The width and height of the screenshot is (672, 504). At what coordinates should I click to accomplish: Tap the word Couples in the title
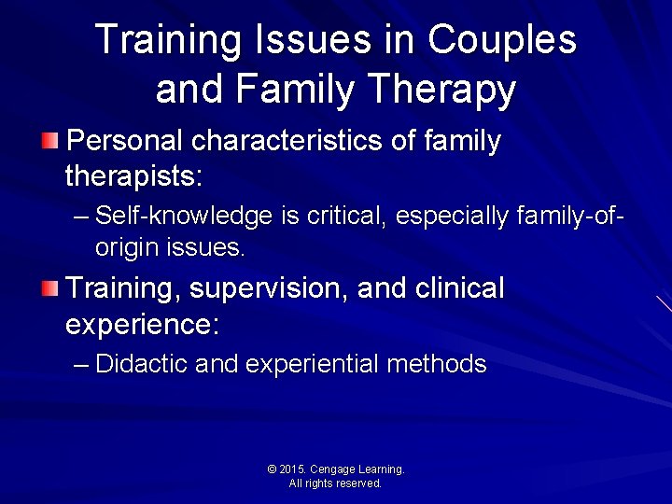(x=502, y=40)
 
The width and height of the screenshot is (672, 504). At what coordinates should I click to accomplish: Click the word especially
(x=452, y=217)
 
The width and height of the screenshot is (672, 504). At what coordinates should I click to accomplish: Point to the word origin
(x=128, y=248)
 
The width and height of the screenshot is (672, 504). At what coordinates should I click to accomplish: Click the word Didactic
(x=142, y=364)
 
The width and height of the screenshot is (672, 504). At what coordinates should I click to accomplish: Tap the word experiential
(x=312, y=364)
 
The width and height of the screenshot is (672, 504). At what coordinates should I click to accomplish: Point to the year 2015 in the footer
(x=293, y=469)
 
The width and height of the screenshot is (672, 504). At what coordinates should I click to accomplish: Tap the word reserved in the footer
(x=360, y=483)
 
